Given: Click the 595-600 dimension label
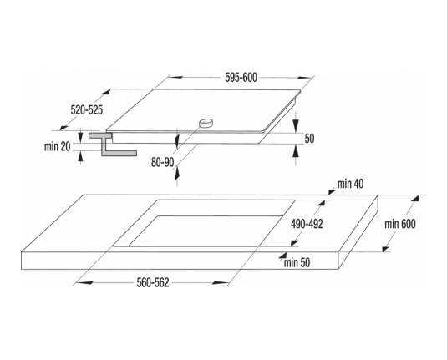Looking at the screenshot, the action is click(x=241, y=78).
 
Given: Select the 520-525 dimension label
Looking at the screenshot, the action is click(x=87, y=110).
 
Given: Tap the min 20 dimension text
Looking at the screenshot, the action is click(x=57, y=146).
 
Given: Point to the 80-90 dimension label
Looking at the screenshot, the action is click(x=162, y=163).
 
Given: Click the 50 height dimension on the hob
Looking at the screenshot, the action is click(x=309, y=139).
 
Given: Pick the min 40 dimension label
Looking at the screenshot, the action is click(x=350, y=184).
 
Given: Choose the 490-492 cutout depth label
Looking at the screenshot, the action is click(x=307, y=224).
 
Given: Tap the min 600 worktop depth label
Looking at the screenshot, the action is click(x=400, y=224).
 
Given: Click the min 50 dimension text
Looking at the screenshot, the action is click(x=297, y=262).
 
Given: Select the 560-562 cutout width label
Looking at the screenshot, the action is click(x=153, y=283).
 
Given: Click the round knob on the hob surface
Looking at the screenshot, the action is click(x=206, y=123).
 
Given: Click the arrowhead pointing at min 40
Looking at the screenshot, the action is click(x=332, y=191).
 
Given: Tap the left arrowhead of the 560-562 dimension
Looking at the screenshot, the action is click(x=84, y=283).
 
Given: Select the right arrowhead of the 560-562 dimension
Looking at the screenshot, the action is click(x=220, y=283).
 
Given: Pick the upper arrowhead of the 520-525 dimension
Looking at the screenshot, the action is click(x=105, y=93).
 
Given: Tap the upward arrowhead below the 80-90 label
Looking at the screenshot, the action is click(x=177, y=173).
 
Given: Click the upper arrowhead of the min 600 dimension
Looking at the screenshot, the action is click(x=415, y=200).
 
